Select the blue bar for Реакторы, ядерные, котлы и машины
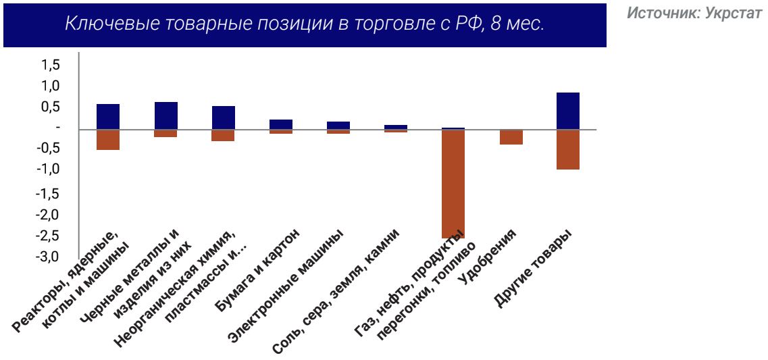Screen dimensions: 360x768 (108, 116)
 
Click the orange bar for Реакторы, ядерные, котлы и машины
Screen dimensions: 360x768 (108, 140)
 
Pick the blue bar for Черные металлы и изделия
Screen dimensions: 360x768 (165, 115)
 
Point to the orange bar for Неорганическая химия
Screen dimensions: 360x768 (223, 135)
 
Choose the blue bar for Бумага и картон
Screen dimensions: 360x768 (280, 124)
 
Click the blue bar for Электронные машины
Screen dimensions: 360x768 (338, 125)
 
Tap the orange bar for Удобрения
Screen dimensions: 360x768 (511, 137)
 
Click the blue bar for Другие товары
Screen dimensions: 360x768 (568, 111)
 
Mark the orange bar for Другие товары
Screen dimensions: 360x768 (568, 149)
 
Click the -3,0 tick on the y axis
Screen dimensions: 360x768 (49, 257)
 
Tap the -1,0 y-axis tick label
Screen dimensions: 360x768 (49, 170)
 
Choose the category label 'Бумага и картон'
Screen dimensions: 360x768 (258, 270)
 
